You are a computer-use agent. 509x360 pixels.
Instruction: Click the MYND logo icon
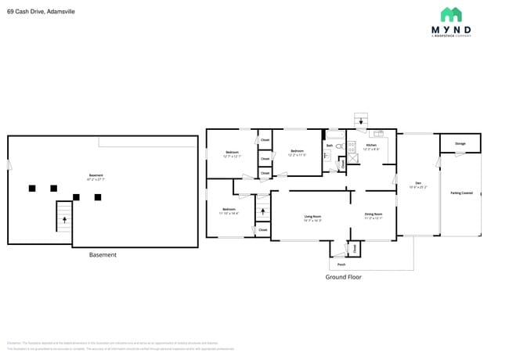coord(451,14)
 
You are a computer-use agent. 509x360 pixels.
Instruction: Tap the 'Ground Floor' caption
coord(343,277)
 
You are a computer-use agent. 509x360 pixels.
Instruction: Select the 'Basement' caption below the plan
coord(103,254)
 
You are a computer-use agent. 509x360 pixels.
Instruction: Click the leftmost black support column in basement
coord(32,188)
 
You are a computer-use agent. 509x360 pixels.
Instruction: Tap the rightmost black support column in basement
coord(98,196)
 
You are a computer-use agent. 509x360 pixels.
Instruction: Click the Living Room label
coord(313,218)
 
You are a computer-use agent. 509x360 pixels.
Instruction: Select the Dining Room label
coord(373,215)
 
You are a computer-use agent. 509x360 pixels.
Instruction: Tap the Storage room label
coord(460,143)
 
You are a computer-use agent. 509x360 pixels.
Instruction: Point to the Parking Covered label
coord(461,193)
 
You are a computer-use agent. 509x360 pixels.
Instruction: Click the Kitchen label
coord(371,146)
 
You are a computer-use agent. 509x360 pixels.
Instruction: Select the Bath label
coord(330,146)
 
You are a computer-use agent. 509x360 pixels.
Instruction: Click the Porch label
coord(341,265)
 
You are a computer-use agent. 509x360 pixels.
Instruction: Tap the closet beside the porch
coord(355,249)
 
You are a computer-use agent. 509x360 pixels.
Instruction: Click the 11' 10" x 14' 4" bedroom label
coord(229,211)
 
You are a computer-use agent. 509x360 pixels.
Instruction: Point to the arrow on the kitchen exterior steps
coord(360,121)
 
